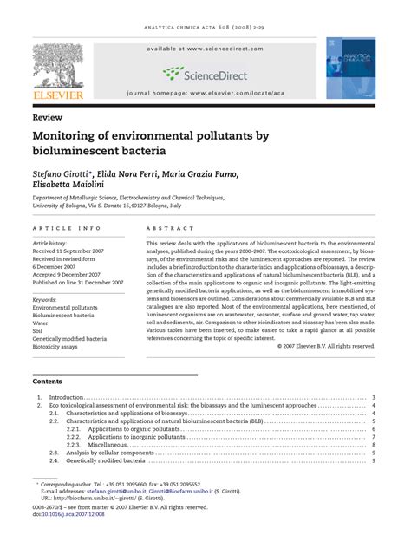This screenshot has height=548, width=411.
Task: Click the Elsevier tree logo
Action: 59,67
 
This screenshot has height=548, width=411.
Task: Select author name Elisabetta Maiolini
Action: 69,185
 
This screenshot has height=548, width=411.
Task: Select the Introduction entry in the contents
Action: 67,397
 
